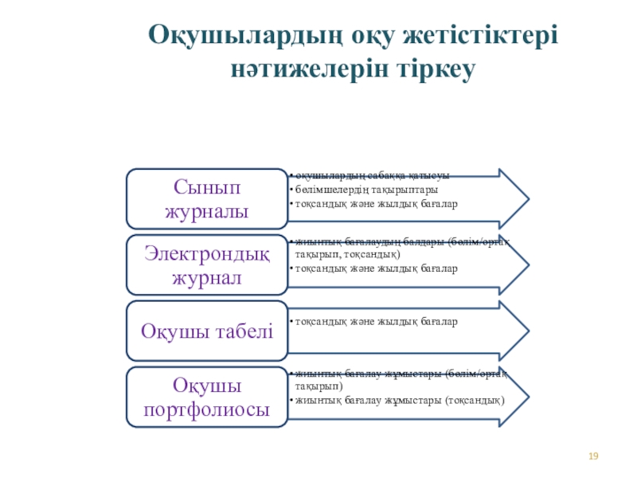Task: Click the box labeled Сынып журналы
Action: click(206, 199)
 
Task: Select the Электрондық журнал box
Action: click(206, 265)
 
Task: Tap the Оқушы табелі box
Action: click(206, 331)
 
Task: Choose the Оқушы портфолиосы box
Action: click(206, 397)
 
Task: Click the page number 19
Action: click(592, 456)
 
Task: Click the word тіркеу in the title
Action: click(439, 70)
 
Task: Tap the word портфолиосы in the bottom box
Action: click(206, 410)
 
